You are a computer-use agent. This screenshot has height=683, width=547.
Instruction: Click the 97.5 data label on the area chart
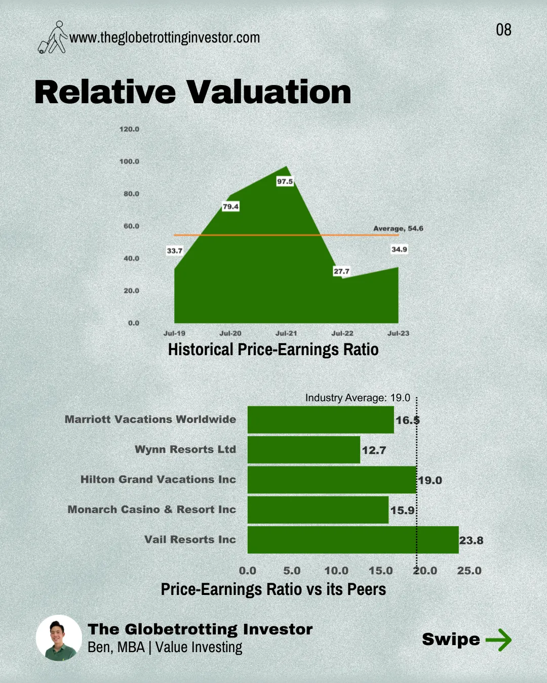[x=285, y=181]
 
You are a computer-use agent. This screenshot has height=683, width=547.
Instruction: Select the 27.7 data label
[x=341, y=271]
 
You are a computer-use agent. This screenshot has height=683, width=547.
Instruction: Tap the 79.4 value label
[x=230, y=206]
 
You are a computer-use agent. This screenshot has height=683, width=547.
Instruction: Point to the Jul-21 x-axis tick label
[x=286, y=333]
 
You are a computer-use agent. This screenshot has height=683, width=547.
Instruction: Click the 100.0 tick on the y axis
[x=129, y=161]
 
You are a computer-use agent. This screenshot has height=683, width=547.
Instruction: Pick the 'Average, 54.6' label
[x=398, y=229]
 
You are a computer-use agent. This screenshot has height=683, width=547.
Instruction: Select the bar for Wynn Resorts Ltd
[x=304, y=450]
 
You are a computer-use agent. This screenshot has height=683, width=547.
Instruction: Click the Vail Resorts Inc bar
[x=353, y=540]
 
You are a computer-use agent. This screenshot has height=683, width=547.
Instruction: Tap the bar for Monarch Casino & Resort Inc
[x=318, y=510]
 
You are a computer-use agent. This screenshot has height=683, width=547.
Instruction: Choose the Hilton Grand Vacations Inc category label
[x=158, y=480]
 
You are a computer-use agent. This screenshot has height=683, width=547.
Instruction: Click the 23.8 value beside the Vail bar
[x=471, y=540]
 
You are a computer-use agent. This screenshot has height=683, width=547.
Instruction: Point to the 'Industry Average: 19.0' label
[x=358, y=398]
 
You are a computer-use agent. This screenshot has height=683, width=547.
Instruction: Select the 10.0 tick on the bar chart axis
[x=336, y=571]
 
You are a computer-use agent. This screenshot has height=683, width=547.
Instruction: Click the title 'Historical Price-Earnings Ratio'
[x=273, y=350]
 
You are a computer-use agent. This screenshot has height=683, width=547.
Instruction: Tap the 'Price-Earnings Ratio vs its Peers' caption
[x=273, y=589]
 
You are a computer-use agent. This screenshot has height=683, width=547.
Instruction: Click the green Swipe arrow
[x=498, y=639]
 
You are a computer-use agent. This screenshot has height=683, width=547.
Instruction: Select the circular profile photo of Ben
[x=59, y=638]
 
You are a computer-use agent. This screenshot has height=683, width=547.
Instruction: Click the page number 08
[x=503, y=30]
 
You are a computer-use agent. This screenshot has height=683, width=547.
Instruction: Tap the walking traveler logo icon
[x=53, y=37]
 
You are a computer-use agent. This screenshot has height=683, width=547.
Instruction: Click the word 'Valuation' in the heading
[x=268, y=93]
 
